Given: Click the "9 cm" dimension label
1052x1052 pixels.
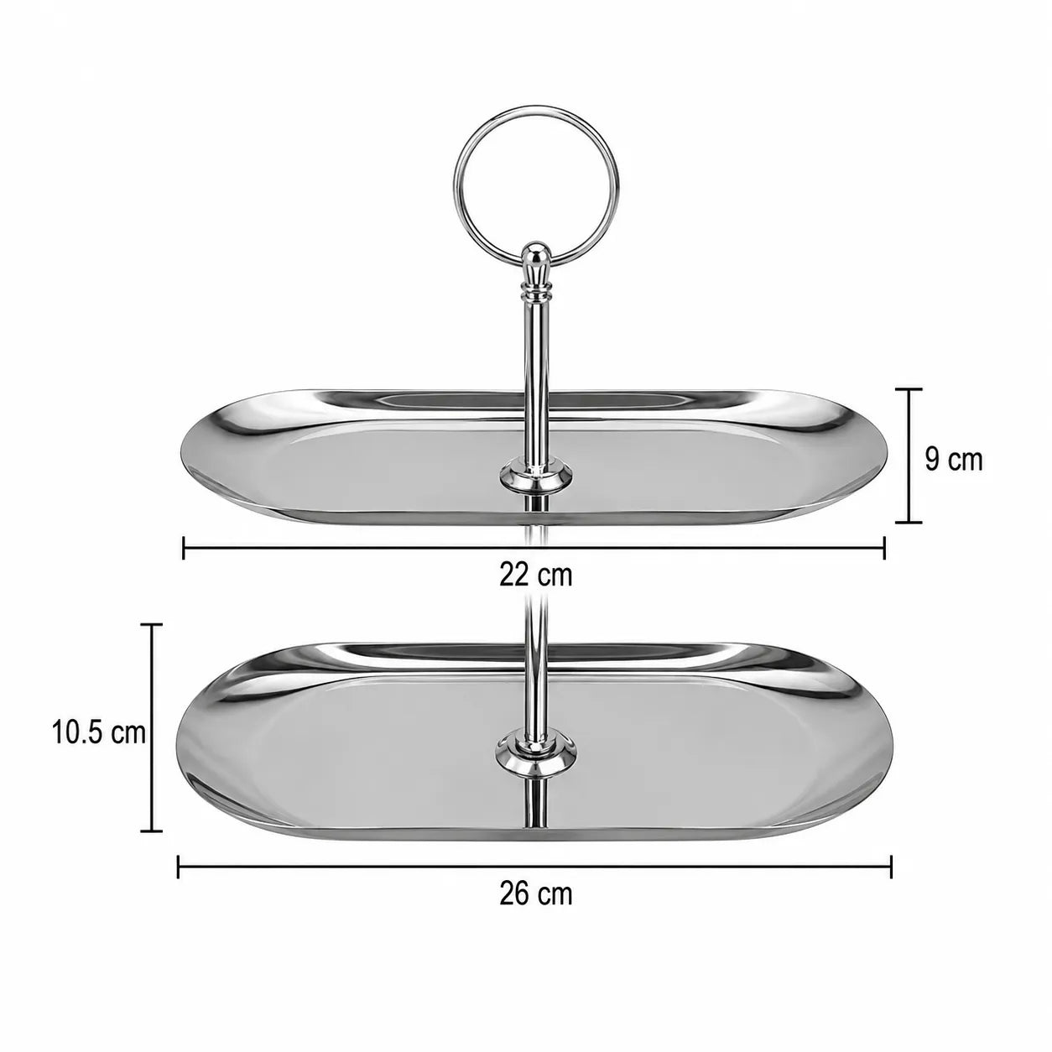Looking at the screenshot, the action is tap(953, 460).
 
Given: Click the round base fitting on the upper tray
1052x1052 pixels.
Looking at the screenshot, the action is tap(536, 474).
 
